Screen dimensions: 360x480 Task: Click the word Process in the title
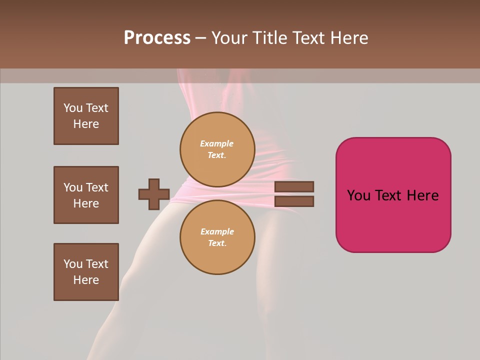coord(157,37)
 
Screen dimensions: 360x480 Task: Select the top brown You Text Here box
coord(86,116)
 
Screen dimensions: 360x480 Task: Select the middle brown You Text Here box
coord(86,195)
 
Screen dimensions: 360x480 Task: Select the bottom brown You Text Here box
coord(86,272)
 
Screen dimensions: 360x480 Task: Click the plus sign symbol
coord(154,194)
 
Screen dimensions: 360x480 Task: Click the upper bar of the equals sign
coord(294,186)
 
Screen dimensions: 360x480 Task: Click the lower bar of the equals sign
coord(294,201)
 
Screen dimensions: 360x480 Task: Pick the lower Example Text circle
coord(217,237)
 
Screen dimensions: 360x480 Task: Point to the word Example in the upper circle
coord(217,143)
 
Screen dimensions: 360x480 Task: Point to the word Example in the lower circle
coord(217,231)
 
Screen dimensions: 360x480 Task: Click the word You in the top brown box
coord(73,108)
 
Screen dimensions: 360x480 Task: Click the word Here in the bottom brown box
coord(86,280)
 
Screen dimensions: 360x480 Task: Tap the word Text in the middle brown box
coord(97,187)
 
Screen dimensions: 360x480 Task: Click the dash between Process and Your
coord(200,37)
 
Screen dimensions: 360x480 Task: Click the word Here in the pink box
coord(422,195)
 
